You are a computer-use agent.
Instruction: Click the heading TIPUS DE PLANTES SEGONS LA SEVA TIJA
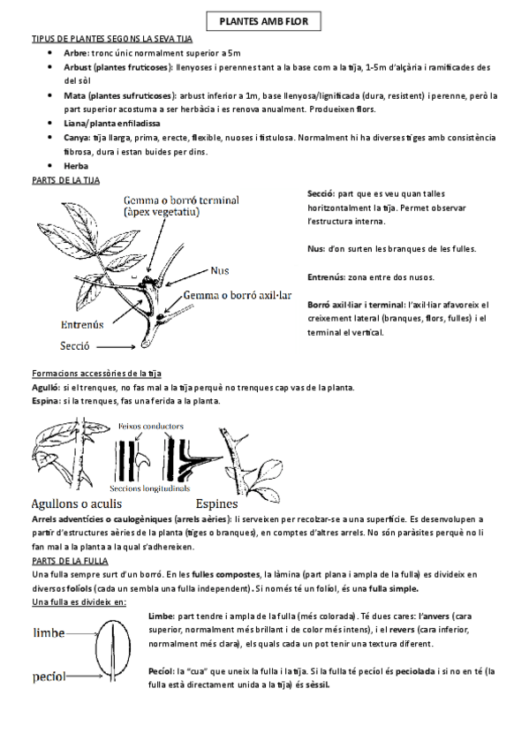tap(112, 40)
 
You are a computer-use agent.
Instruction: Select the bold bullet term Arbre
tap(76, 53)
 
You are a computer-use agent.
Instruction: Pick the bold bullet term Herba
tap(77, 165)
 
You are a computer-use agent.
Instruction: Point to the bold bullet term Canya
tap(77, 138)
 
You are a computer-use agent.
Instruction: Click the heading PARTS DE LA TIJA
tap(65, 179)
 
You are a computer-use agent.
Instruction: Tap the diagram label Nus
tap(221, 270)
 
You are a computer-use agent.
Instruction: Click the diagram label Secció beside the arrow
tap(78, 346)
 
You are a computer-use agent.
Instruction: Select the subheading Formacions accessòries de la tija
tap(96, 374)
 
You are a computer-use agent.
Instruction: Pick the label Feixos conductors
tap(150, 425)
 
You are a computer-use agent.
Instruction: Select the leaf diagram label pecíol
tap(50, 677)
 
